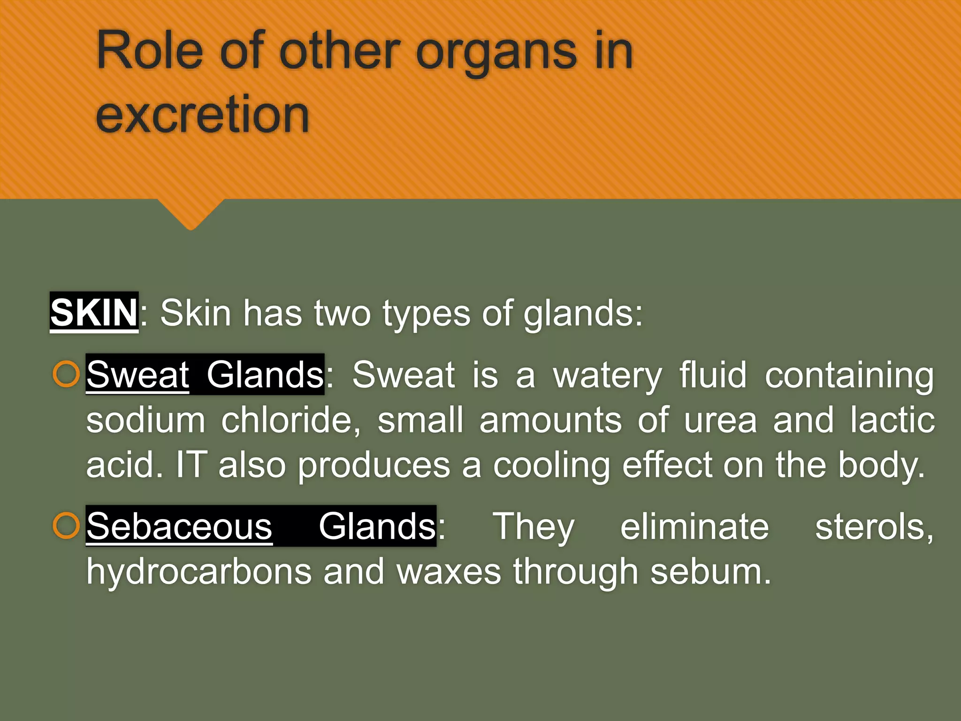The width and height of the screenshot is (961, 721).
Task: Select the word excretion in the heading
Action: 202,114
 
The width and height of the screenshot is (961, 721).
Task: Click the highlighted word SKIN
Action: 94,313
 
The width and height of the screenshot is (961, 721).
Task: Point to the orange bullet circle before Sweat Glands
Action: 66,374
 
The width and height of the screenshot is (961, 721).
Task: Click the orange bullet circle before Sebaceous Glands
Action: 66,526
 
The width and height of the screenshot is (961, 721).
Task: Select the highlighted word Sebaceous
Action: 179,527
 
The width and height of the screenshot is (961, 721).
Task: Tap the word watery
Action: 608,376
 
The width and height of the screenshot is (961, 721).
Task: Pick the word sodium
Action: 145,420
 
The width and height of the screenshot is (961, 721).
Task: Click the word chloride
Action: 291,420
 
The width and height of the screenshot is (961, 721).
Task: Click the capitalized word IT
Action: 191,465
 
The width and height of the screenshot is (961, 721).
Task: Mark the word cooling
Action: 552,466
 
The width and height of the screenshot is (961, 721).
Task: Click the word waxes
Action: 449,572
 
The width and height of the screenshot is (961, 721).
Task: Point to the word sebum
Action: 710,572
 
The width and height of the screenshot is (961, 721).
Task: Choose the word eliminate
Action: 694,527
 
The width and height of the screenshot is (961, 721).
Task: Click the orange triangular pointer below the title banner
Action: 191,214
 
